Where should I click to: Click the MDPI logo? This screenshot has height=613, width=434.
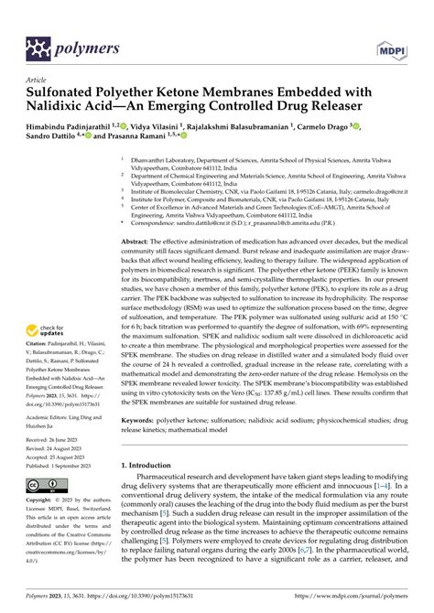point(387,46)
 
